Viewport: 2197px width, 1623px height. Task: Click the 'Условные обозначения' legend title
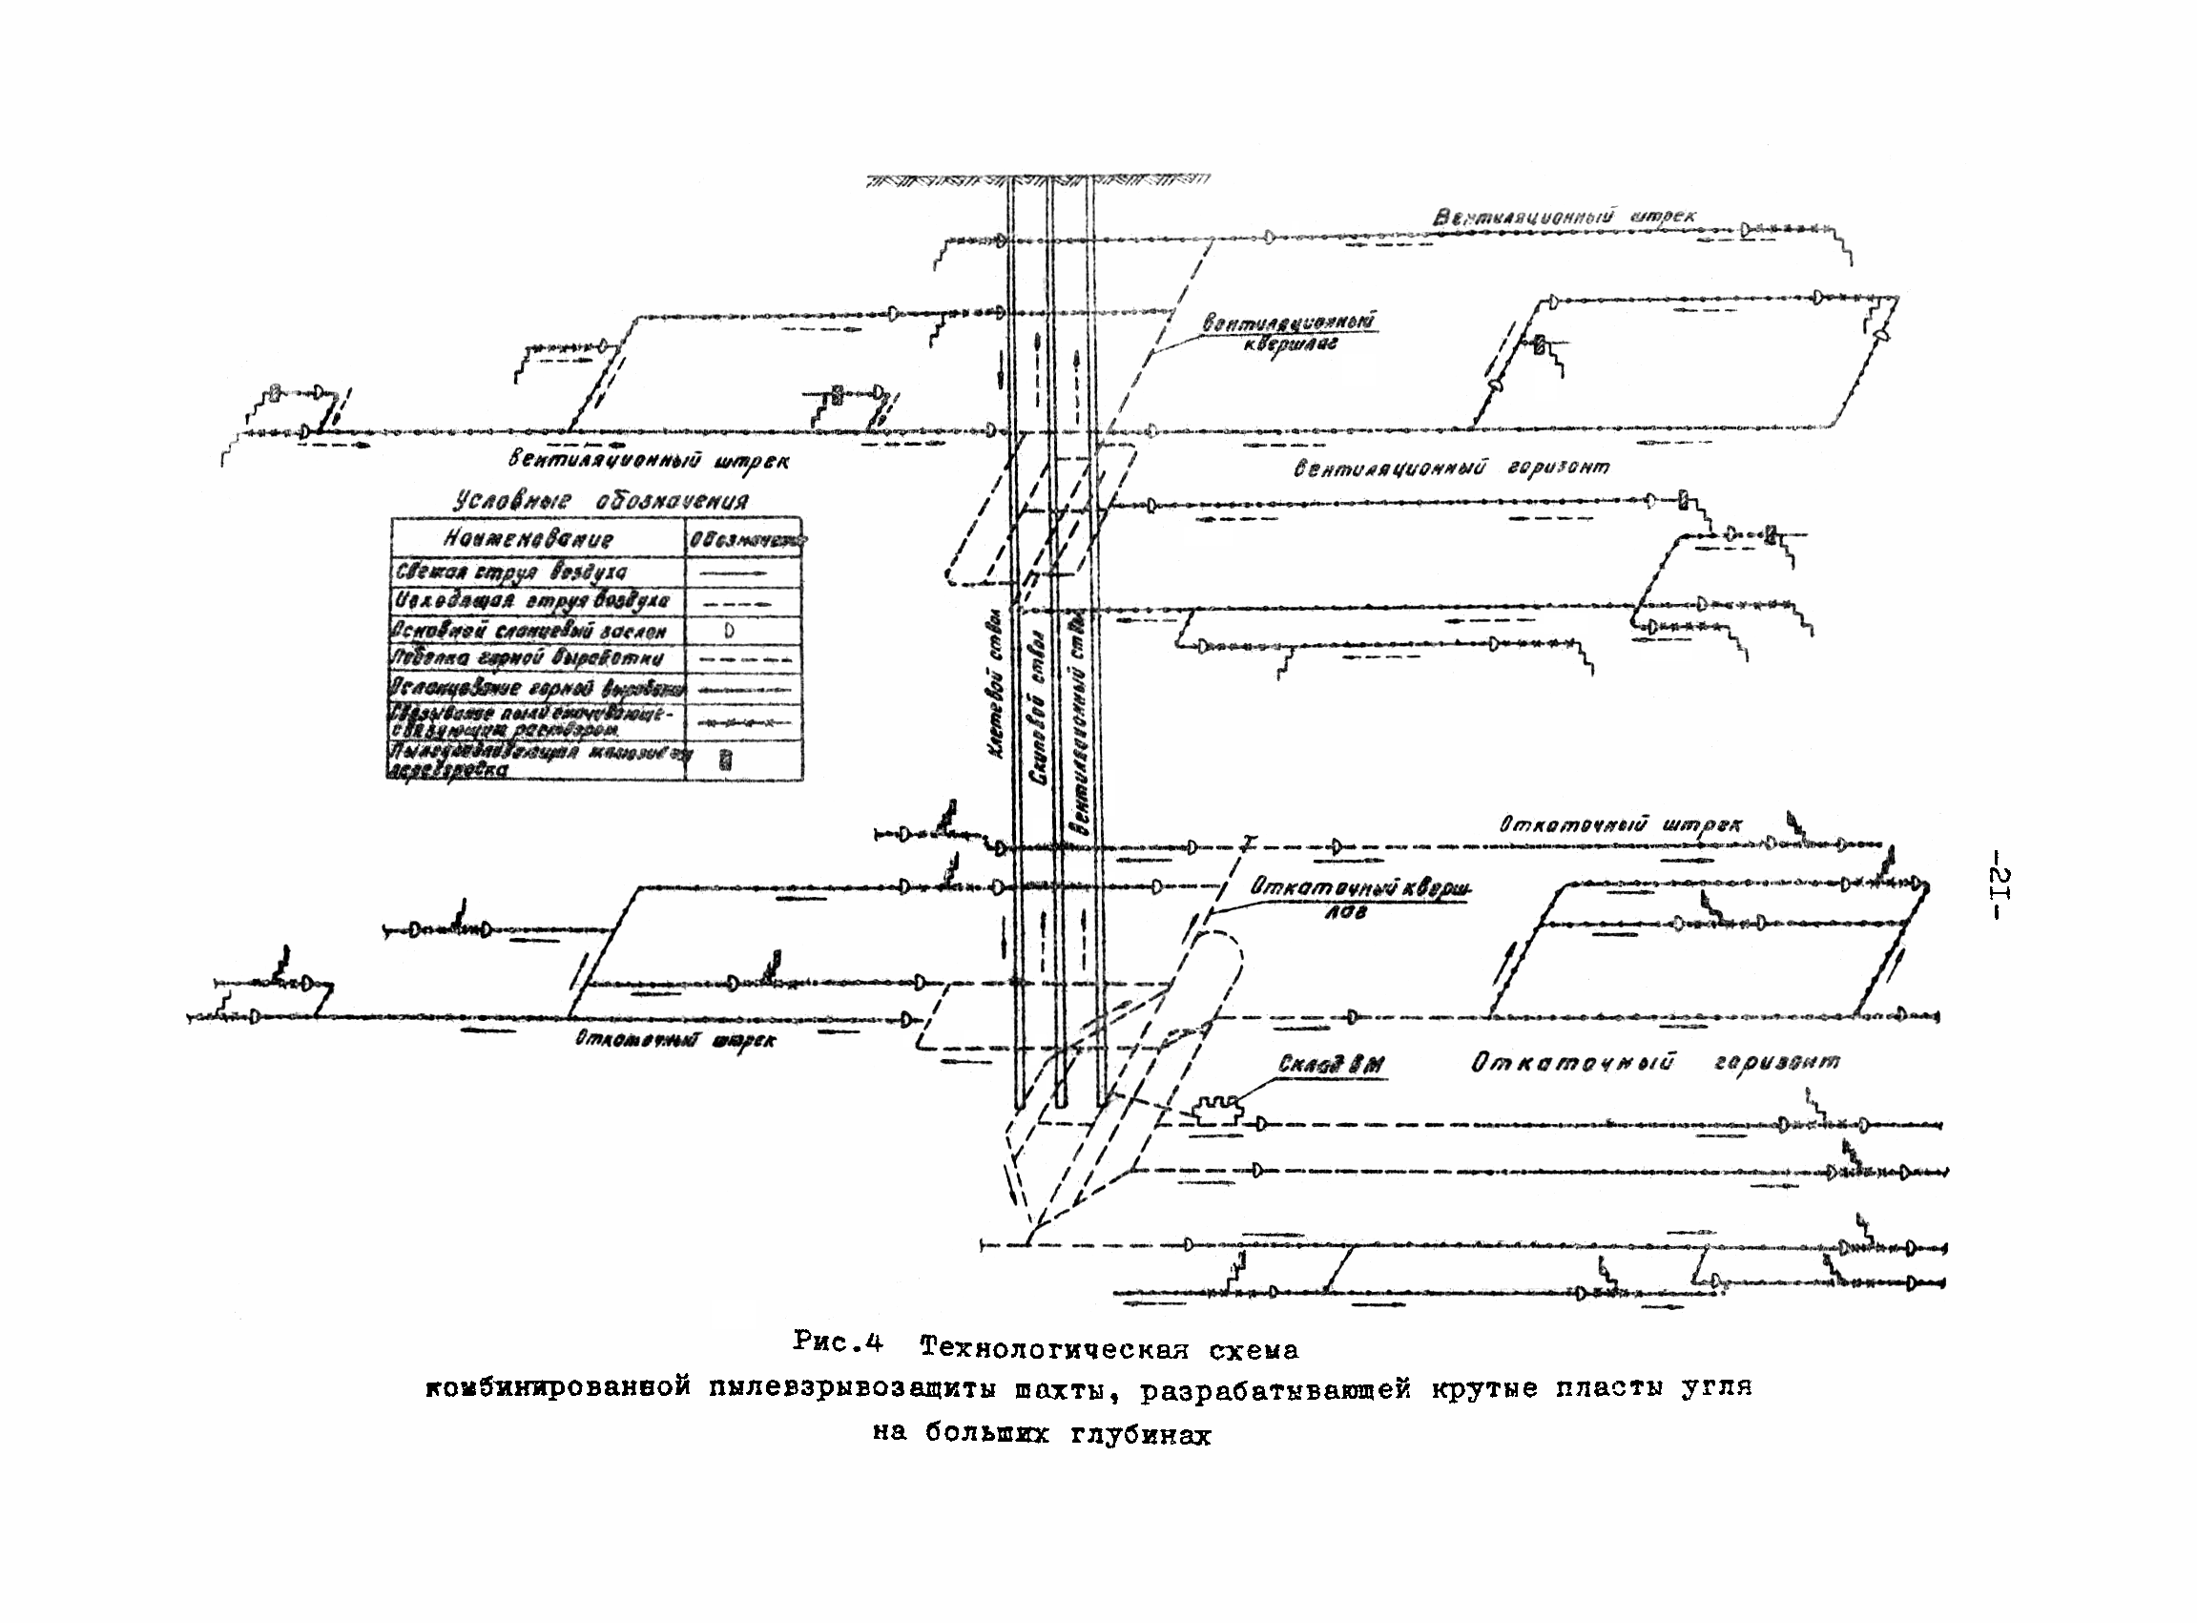pos(600,501)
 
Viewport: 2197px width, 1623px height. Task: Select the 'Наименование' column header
pos(529,539)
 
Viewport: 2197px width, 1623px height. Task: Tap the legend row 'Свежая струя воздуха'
pos(510,571)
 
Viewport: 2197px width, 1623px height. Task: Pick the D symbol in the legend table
pos(729,631)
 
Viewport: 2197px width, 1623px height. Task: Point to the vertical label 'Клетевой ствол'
pos(995,685)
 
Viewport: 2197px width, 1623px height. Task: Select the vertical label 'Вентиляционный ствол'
pos(1078,722)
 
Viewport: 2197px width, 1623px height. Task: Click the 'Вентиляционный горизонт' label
pos(1452,468)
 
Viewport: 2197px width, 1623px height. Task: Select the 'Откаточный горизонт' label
pos(1655,1063)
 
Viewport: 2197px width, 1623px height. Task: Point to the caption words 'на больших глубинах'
pos(1042,1435)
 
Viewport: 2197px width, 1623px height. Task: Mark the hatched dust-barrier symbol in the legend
pos(725,759)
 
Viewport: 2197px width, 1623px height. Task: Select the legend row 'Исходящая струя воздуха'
pos(531,600)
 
